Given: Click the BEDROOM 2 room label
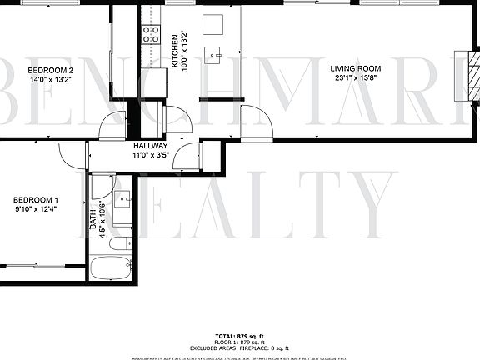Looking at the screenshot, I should click(51, 70).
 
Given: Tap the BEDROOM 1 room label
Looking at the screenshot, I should click(35, 200).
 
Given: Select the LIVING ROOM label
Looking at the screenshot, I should click(356, 69).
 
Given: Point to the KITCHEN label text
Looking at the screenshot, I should click(174, 51).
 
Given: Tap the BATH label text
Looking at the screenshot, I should click(92, 219).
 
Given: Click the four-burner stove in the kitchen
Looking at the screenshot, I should click(152, 34).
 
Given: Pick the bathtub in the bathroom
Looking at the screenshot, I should click(111, 269).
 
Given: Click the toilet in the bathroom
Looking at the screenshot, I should click(121, 243).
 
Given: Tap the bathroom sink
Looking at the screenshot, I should click(122, 198).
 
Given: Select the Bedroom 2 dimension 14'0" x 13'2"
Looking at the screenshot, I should click(51, 81).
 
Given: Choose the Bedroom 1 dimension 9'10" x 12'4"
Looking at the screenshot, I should click(35, 211).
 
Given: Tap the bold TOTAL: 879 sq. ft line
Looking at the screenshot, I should click(239, 334).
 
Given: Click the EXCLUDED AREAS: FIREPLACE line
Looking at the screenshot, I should click(239, 347).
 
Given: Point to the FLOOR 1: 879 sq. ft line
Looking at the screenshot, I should click(239, 341).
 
